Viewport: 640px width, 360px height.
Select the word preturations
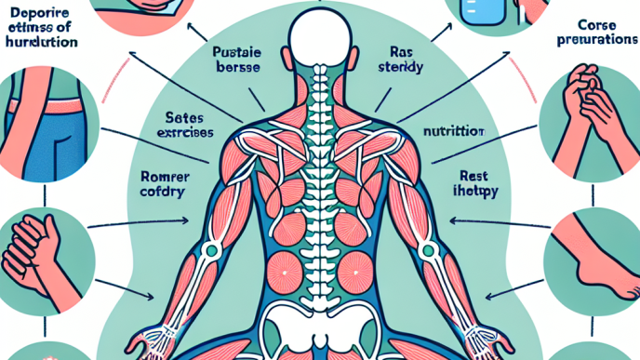point(597,42)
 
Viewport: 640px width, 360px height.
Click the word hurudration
point(39,43)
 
